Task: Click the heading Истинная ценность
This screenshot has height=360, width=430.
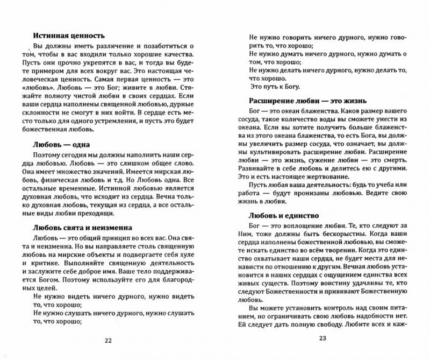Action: pyautogui.click(x=68, y=36)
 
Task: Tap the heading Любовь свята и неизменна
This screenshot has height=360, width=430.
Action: pyautogui.click(x=82, y=228)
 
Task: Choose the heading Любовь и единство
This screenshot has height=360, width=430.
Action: pyautogui.click(x=284, y=215)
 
